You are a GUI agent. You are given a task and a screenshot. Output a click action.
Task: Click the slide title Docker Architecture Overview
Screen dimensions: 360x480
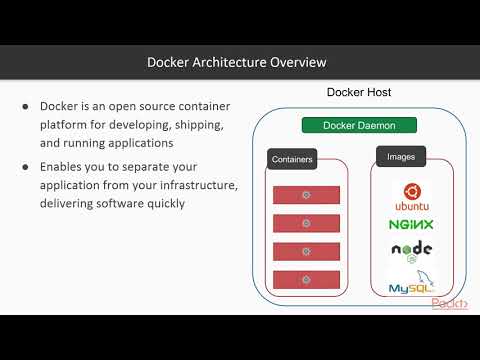pos(237,63)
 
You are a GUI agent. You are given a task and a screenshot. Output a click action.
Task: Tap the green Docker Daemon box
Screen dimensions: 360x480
pos(359,126)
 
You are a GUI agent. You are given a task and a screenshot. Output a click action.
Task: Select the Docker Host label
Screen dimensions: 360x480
pos(359,93)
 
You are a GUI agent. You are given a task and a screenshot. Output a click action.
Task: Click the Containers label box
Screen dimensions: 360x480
pos(292,159)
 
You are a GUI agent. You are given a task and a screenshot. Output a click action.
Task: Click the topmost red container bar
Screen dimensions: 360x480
pos(306,195)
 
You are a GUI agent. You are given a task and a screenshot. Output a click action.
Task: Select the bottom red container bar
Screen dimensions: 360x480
pos(306,279)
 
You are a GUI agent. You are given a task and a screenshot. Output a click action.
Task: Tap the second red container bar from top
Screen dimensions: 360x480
pos(306,223)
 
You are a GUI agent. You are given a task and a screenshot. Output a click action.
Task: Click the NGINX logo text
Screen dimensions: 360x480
pos(411,225)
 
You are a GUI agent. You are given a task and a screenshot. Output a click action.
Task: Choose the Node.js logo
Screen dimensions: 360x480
pos(411,252)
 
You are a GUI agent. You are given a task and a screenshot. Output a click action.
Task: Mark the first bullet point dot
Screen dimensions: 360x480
pos(26,107)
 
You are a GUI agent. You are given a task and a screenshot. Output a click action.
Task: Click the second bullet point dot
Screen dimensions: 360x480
pos(26,168)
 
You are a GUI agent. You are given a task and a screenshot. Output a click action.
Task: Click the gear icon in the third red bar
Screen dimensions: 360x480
pos(306,251)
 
